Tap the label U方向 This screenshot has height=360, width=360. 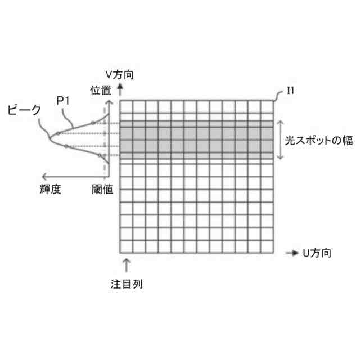316,253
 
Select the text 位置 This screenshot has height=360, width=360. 101,89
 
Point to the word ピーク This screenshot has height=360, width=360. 24,110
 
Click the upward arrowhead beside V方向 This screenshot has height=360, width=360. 120,88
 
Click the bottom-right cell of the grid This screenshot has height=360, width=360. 267,246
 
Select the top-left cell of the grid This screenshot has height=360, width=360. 126,106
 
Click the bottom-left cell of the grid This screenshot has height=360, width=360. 126,246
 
